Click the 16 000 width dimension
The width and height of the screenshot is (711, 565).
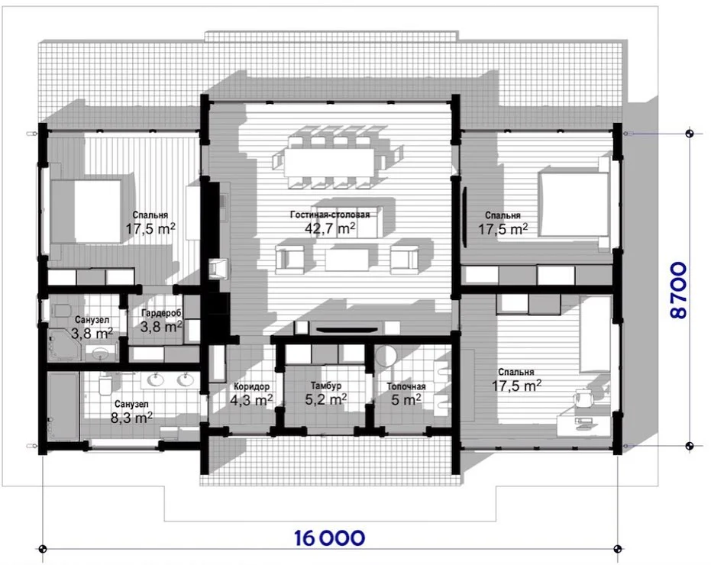[329, 538]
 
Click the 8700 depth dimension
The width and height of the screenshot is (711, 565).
[678, 291]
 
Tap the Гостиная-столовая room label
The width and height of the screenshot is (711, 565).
[330, 215]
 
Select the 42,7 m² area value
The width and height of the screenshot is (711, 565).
[330, 228]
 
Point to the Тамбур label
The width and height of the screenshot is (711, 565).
[326, 386]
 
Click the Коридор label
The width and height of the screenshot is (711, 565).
[252, 386]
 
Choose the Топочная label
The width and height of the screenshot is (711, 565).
[406, 386]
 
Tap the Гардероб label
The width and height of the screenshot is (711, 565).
[161, 313]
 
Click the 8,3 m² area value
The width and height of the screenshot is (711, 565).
[132, 417]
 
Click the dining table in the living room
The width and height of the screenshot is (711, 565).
[329, 162]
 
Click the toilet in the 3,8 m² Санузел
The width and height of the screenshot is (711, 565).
[60, 311]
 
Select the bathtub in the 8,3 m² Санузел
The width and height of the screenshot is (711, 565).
[63, 406]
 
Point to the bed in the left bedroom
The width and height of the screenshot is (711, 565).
[86, 211]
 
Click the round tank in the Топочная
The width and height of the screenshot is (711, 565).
[386, 357]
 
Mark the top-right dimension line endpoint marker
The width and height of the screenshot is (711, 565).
[689, 134]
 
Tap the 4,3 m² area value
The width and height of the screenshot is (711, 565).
[252, 399]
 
